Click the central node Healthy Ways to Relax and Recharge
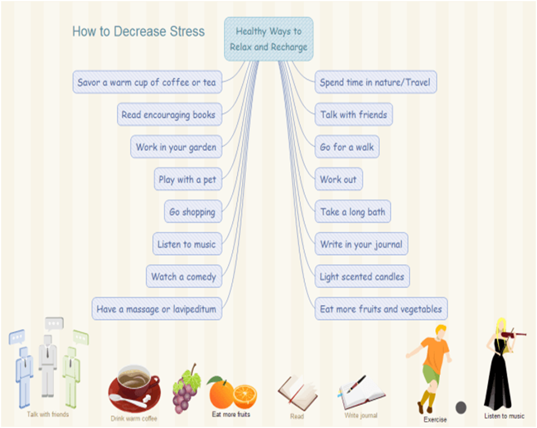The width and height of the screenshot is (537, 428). [268, 39]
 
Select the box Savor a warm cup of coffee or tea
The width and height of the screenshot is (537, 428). [147, 82]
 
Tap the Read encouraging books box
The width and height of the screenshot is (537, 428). [168, 115]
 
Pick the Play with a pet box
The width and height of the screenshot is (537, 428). [187, 179]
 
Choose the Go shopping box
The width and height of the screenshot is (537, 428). [192, 212]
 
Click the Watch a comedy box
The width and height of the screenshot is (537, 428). [183, 277]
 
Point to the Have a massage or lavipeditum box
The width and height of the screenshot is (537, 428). [156, 309]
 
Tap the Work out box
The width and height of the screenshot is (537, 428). [338, 179]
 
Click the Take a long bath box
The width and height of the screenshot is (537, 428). [352, 212]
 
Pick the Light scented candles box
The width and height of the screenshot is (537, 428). [362, 277]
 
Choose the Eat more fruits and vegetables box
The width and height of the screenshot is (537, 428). [381, 309]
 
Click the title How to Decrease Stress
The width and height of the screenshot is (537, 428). [138, 32]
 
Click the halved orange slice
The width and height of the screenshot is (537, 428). [245, 396]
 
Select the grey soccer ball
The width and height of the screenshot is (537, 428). [461, 407]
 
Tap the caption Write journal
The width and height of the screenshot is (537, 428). [361, 415]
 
